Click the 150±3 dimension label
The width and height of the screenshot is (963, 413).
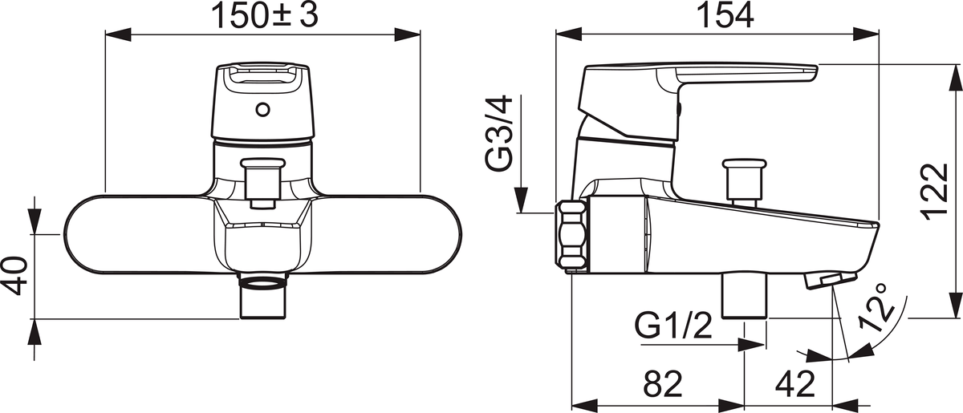[x=266, y=16]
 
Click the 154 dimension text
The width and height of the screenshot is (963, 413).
[x=725, y=16]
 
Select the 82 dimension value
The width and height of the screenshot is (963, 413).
[x=663, y=384]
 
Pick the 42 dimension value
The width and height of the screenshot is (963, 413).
[x=795, y=384]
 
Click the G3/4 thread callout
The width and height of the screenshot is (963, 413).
[x=499, y=134]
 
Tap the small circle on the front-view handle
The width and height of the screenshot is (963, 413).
[x=262, y=110]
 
